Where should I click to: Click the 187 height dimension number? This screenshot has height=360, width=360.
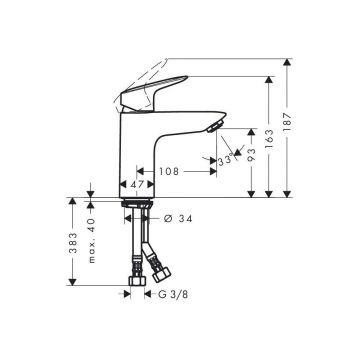288,122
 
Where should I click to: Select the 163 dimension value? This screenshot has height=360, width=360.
269,138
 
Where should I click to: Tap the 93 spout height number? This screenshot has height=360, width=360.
252,154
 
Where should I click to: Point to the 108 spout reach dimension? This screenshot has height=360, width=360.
169,172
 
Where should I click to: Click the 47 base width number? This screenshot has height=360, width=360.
137,184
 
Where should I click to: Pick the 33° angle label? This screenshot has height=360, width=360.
225,161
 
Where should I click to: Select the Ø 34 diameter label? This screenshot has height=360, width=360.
178,219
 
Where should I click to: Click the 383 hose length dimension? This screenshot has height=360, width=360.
73,242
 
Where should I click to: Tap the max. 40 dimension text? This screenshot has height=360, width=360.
92,240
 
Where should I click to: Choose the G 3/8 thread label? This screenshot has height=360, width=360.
173,294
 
